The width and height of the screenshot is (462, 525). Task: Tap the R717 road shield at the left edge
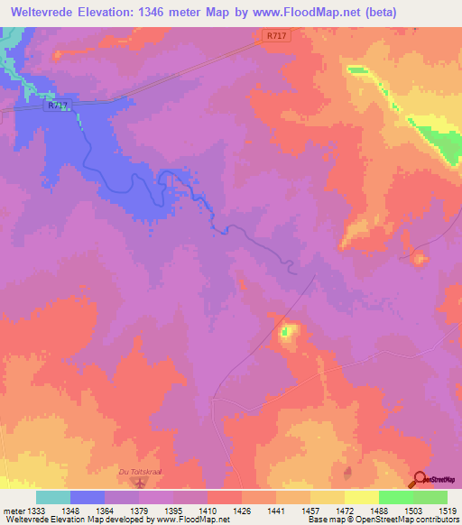(57, 106)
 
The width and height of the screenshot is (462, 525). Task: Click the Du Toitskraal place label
(139, 471)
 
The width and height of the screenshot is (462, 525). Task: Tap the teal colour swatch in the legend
(53, 497)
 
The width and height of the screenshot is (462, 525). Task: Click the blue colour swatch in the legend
(88, 497)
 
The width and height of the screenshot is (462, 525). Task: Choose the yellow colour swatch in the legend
(362, 497)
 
